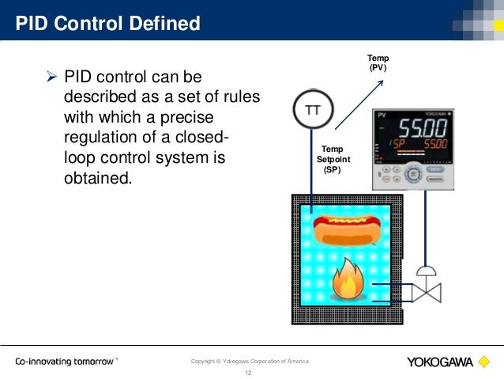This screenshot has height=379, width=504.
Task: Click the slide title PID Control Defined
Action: click(108, 24)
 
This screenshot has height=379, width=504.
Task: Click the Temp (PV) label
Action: click(378, 63)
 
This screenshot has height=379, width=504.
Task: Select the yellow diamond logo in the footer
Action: click(483, 362)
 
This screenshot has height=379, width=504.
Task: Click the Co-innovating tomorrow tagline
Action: click(66, 362)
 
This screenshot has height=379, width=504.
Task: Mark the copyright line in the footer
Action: click(250, 362)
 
